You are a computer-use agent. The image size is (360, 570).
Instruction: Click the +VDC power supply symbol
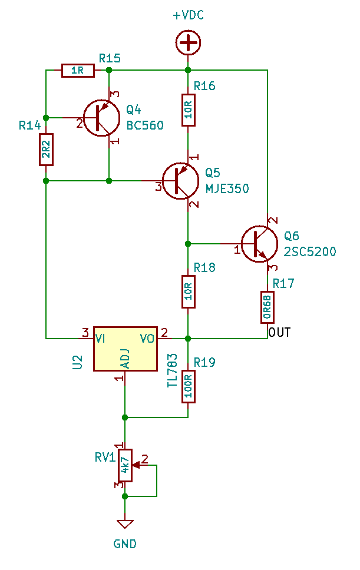click(x=188, y=43)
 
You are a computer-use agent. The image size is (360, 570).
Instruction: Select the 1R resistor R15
click(x=78, y=70)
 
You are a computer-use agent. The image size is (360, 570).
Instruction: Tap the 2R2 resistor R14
click(x=46, y=150)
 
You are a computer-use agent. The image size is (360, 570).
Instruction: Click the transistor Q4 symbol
click(x=101, y=118)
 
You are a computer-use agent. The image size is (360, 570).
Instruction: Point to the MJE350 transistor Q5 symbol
click(x=181, y=181)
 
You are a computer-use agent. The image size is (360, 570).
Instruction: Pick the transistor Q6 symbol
click(x=259, y=244)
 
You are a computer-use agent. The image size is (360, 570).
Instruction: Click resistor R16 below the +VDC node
click(x=189, y=110)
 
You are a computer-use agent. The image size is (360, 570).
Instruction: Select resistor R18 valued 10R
click(x=189, y=291)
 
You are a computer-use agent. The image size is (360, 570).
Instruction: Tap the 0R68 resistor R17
click(x=267, y=307)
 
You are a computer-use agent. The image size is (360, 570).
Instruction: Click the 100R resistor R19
click(x=189, y=386)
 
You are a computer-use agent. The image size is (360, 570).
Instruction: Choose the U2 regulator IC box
click(x=125, y=349)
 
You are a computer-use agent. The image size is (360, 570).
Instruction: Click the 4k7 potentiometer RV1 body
click(x=125, y=465)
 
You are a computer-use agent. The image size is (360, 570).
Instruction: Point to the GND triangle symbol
click(x=125, y=524)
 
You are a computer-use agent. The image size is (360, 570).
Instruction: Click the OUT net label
click(x=279, y=332)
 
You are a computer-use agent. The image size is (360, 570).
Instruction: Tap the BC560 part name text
click(x=145, y=125)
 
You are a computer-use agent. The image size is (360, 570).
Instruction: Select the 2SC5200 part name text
click(x=310, y=251)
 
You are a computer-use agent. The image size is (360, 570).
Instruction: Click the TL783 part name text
click(x=173, y=370)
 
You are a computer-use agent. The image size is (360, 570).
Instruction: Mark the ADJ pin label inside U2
click(x=126, y=359)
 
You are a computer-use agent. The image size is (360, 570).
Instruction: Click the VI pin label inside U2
click(x=100, y=339)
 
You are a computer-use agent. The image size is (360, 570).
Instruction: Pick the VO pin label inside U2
click(x=147, y=339)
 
